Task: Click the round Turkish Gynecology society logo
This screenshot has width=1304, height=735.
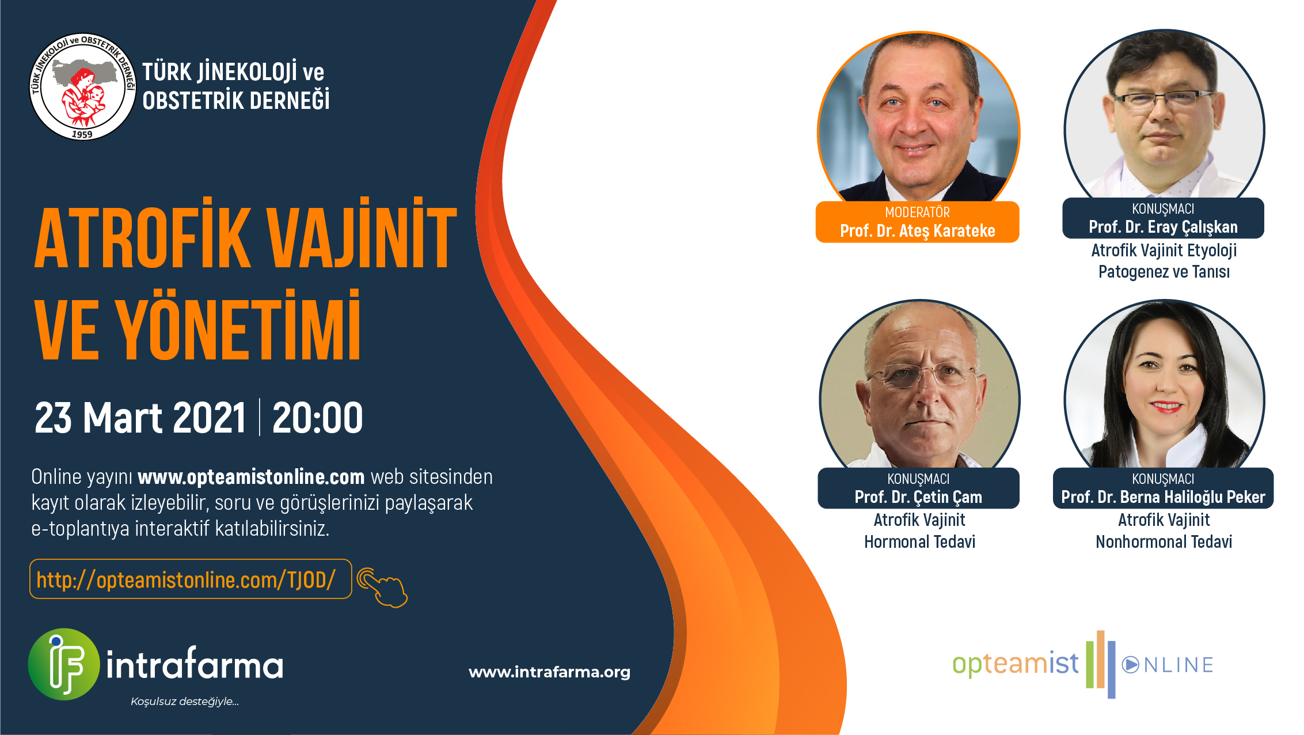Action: coord(82,86)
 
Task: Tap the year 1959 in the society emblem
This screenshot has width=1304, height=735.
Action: coord(82,134)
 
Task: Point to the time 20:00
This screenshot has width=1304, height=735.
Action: coord(317,418)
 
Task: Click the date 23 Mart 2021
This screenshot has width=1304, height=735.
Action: coord(140,418)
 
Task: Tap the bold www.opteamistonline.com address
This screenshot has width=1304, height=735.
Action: coord(251,477)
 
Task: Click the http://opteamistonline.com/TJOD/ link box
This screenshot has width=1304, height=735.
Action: coord(191,579)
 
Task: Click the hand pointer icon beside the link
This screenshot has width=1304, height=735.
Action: coord(382,588)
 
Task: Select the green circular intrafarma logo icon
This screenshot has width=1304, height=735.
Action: coord(64,664)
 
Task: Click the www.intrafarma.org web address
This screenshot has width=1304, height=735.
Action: coord(549,672)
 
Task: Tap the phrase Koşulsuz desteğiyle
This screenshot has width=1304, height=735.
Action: coord(184,702)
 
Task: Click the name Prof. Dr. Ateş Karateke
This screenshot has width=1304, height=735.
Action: coord(918,231)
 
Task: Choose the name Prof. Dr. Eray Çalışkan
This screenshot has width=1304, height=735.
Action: coord(1163,228)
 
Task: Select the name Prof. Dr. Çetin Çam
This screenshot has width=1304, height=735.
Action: coord(918,497)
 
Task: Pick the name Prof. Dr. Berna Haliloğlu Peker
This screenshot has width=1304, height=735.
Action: coord(1163,497)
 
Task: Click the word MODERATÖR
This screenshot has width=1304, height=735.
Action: coord(918,212)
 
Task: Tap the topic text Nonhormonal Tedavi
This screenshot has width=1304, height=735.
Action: coord(1164,542)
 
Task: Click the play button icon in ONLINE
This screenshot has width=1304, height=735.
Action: coord(1130,665)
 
